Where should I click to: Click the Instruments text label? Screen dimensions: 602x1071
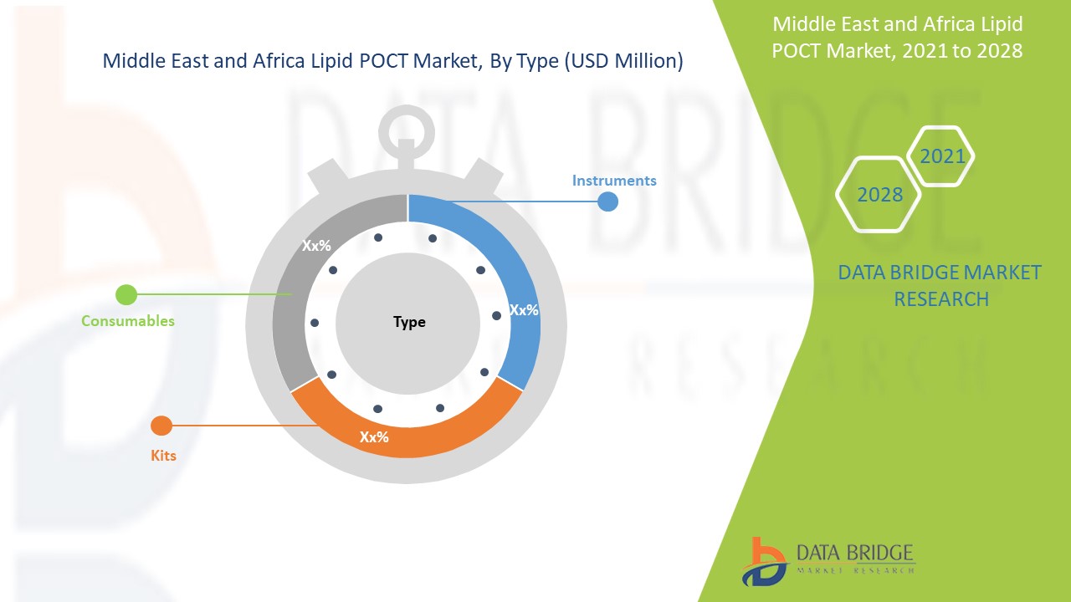614,181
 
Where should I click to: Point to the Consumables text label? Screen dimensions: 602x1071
128,320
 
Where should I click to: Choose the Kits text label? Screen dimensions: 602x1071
164,456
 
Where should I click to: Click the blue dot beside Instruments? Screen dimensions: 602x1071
608,202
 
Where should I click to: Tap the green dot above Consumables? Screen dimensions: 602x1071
126,294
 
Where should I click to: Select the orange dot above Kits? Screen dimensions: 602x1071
161,426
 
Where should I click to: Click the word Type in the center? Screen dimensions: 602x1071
409,322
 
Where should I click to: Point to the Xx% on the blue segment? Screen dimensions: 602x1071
524,310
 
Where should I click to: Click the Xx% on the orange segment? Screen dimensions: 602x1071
374,436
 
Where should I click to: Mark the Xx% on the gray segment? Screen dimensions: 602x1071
316,246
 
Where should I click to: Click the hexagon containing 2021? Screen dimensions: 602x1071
942,156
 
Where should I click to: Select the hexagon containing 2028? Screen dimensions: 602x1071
879,194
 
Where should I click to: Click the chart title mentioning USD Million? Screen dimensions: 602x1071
392,61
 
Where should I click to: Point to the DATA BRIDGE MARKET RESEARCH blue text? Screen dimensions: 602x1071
940,285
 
